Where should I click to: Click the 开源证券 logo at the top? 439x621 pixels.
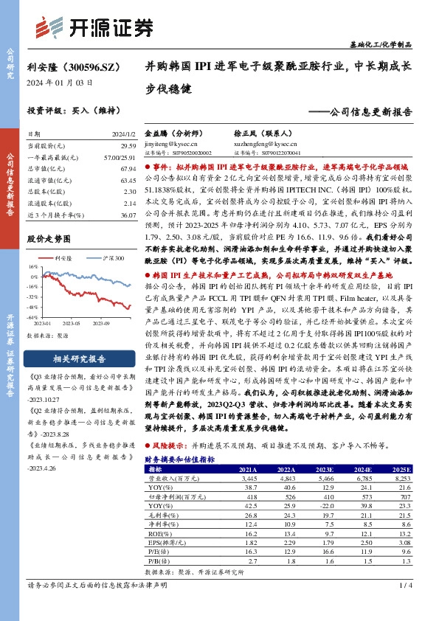click(x=96, y=27)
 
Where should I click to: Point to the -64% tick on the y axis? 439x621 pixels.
click(x=32, y=316)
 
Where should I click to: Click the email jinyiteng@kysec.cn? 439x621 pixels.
click(x=171, y=145)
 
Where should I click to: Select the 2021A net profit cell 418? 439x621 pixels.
click(x=251, y=498)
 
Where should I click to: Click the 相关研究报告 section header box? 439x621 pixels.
click(x=71, y=358)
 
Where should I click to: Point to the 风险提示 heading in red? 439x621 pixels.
click(x=169, y=446)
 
